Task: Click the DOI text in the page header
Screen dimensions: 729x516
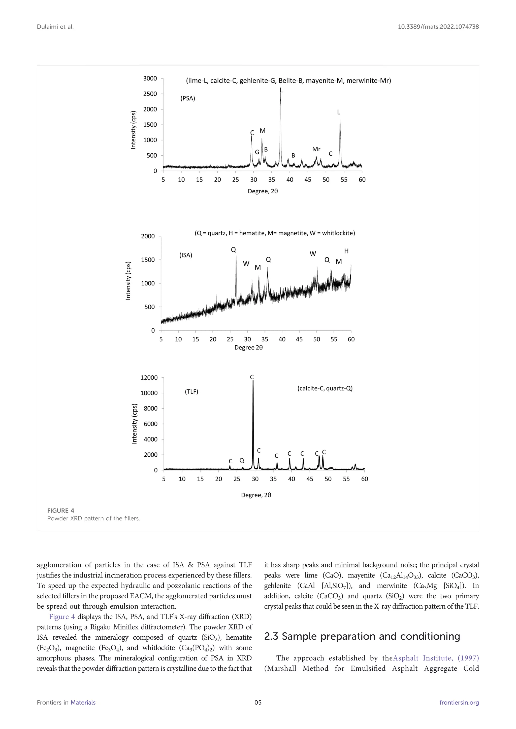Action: (x=438, y=27)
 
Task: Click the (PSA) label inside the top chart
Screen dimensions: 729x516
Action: (x=188, y=98)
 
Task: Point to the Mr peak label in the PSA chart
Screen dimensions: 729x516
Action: (x=316, y=149)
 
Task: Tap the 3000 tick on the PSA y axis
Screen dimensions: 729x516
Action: (x=150, y=79)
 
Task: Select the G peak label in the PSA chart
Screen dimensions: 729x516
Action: (x=257, y=152)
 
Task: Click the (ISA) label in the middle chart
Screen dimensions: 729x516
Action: (x=186, y=255)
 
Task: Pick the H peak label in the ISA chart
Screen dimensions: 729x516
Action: (x=346, y=251)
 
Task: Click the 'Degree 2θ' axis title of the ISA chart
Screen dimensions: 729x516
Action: (x=248, y=347)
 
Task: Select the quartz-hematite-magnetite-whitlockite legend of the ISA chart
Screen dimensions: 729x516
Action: (x=275, y=233)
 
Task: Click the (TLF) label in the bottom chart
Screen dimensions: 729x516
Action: (x=191, y=392)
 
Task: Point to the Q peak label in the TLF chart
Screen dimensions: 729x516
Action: (x=242, y=460)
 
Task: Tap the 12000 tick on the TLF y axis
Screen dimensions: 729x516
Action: (x=149, y=378)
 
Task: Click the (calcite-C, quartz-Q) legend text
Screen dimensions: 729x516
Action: (x=325, y=388)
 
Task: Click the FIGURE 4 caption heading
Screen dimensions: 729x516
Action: (x=61, y=511)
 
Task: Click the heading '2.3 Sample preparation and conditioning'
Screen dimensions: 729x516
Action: (x=362, y=636)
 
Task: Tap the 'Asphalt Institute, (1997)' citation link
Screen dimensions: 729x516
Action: (x=436, y=658)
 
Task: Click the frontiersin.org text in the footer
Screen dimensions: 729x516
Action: (x=459, y=712)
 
